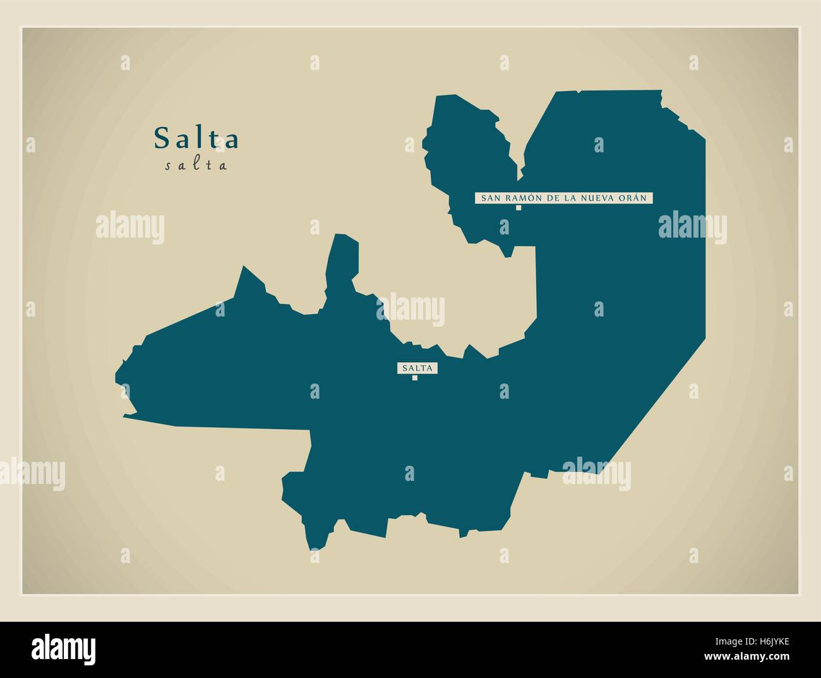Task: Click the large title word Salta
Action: point(196,138)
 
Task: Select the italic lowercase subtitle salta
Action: point(196,166)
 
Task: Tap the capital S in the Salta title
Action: point(161,138)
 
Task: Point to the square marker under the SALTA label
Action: point(415,378)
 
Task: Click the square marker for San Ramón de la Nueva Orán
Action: point(518,207)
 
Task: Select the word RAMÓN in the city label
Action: point(517,198)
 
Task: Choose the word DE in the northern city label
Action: point(547,198)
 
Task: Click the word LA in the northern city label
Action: point(569,198)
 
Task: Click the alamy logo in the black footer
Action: point(64,649)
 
